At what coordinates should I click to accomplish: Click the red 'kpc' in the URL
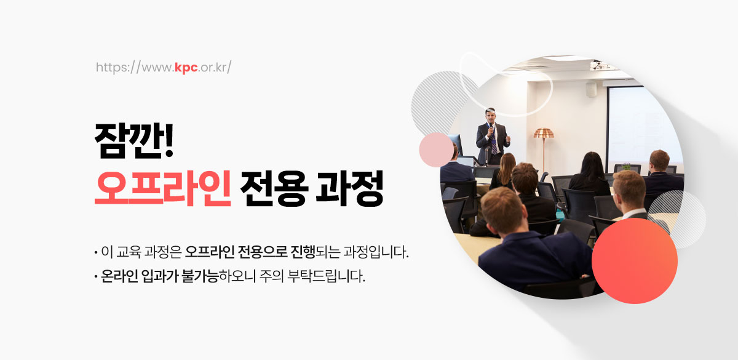pos(186,68)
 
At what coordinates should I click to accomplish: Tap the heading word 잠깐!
pos(134,141)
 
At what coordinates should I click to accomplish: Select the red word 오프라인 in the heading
pos(163,188)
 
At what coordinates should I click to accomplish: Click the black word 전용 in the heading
pos(274,188)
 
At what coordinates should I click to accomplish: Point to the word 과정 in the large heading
pos(349,188)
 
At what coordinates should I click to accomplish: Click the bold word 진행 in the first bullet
pos(303,252)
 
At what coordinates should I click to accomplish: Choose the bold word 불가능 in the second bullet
pos(200,276)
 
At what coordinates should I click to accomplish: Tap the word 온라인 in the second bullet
pos(119,276)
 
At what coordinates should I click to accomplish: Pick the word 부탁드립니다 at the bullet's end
pos(326,276)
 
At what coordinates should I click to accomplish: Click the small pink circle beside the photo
pos(436,150)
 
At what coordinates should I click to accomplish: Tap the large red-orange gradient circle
pos(635,261)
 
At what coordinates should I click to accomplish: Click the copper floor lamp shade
pos(544,133)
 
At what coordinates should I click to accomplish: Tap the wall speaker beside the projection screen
pos(591,89)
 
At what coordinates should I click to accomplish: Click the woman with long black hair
pos(590,174)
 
